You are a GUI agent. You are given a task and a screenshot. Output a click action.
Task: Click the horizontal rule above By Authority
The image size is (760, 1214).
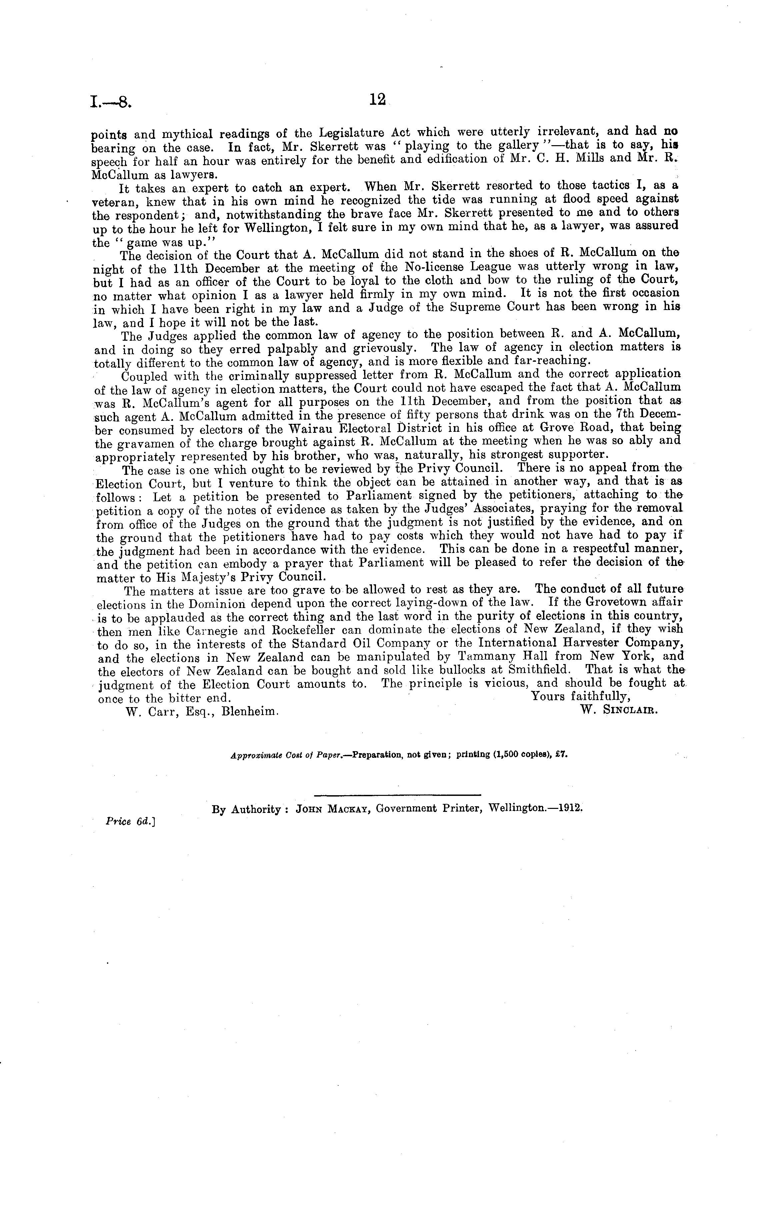click(x=397, y=795)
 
